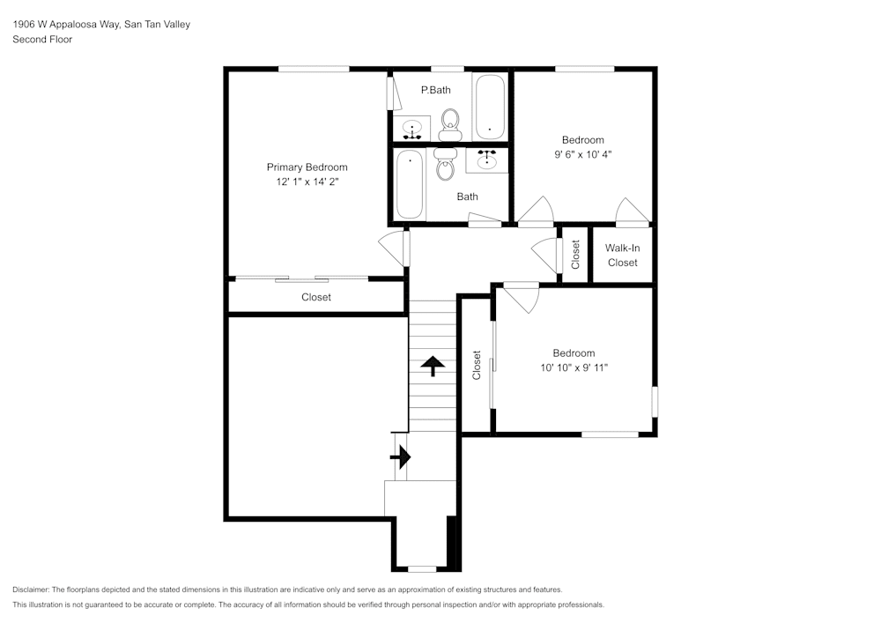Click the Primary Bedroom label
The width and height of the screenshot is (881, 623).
[307, 167]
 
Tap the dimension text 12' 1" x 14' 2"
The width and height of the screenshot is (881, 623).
[307, 182]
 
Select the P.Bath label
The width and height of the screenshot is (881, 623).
[435, 90]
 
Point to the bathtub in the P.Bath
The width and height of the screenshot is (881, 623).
[490, 108]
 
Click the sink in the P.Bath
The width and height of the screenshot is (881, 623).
[411, 130]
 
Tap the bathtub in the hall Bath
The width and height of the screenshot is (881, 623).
[410, 184]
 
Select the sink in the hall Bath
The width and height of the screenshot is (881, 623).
[486, 159]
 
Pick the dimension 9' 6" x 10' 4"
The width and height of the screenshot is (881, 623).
[582, 154]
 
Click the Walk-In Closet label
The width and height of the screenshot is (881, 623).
[622, 256]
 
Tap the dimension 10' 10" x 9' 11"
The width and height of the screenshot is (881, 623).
[574, 367]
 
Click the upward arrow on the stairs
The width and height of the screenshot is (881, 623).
[433, 366]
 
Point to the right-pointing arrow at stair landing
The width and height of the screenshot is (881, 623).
[401, 456]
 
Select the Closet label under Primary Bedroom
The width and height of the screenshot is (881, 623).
[315, 298]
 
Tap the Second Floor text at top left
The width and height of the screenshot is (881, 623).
[42, 40]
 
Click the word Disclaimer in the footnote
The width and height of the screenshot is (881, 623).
[31, 590]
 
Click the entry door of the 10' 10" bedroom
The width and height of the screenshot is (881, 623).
[521, 296]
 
